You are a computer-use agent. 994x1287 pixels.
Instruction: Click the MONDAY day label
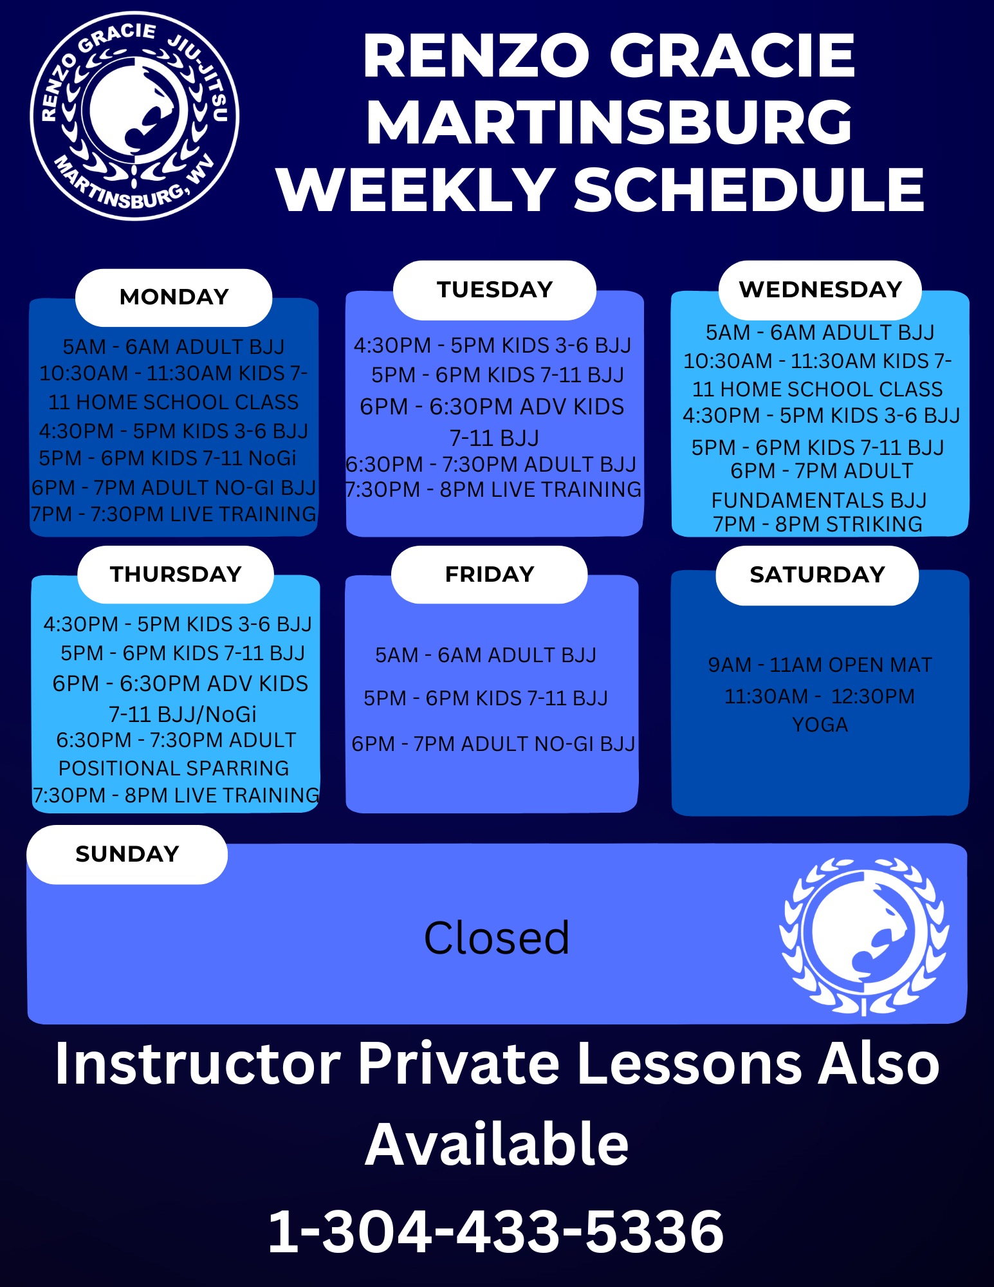coord(174,297)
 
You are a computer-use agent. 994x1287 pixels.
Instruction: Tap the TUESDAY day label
coord(495,290)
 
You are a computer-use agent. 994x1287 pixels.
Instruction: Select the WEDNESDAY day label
coord(820,290)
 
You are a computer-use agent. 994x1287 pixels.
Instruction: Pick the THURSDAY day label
coord(176,575)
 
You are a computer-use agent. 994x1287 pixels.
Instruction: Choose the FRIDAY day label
coord(490,575)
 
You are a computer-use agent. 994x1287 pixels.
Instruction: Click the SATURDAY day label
coord(817,575)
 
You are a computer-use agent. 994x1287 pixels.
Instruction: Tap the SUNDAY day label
coord(127,855)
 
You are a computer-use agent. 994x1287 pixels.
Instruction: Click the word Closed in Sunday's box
coord(497,938)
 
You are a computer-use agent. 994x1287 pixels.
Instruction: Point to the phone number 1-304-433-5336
coord(495,1232)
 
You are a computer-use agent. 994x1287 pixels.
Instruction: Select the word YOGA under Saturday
coord(820,725)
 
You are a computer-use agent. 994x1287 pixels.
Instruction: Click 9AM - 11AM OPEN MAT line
coord(820,665)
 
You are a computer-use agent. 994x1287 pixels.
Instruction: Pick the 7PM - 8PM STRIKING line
coord(817,524)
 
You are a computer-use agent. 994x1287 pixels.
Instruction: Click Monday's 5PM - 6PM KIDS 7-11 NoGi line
coord(167,458)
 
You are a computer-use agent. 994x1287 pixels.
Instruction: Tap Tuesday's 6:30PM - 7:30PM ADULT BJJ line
coord(491,464)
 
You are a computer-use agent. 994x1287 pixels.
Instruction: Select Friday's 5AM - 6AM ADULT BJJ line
coord(486,655)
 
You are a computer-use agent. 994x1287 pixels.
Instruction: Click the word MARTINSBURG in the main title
coord(609,122)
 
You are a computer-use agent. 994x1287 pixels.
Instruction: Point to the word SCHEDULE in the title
coord(749,190)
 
